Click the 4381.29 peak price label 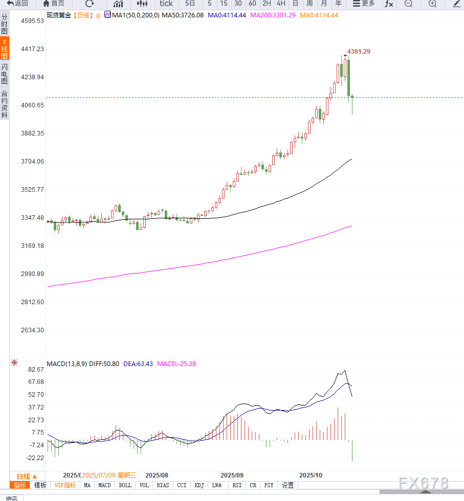pyautogui.click(x=359, y=52)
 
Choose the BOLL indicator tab pyautogui.click(x=125, y=485)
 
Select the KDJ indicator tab pyautogui.click(x=200, y=485)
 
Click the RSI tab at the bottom pyautogui.click(x=237, y=485)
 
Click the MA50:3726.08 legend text pyautogui.click(x=183, y=15)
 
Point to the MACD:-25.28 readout pyautogui.click(x=176, y=364)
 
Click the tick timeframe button pyautogui.click(x=166, y=4)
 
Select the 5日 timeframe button pyautogui.click(x=190, y=4)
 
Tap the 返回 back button pyautogui.click(x=18, y=4)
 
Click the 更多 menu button pyautogui.click(x=364, y=4)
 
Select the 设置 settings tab pyautogui.click(x=288, y=485)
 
